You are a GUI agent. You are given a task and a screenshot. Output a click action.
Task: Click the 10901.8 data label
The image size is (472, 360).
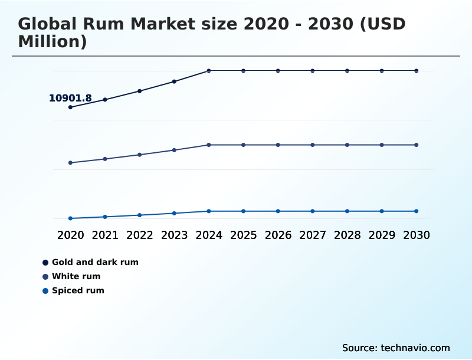70,98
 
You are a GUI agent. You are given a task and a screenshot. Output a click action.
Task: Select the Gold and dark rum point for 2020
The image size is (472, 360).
70,107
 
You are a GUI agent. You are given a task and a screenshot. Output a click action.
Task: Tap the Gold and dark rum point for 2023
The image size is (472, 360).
174,81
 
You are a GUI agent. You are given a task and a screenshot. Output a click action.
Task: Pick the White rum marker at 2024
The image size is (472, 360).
209,145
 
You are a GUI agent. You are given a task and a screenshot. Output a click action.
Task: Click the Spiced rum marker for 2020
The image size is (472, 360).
70,218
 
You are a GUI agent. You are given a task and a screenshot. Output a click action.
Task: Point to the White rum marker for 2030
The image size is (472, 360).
417,145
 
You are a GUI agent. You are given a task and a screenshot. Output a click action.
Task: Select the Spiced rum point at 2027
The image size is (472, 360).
313,211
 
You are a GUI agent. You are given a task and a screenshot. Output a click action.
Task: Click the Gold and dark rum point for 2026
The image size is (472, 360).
278,71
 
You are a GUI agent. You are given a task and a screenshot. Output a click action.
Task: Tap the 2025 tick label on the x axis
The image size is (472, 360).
243,235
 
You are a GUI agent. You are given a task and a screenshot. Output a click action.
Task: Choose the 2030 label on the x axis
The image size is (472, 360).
417,235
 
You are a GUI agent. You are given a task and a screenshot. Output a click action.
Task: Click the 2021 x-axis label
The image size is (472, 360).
105,235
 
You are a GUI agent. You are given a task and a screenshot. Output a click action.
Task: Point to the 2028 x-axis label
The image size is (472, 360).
347,235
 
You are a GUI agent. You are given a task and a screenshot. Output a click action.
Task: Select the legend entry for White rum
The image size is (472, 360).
76,276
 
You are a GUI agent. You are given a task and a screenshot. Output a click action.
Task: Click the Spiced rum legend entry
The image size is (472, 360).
78,290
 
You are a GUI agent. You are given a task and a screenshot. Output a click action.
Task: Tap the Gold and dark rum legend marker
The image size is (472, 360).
45,262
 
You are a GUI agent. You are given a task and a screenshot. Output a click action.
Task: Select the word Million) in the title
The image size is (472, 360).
53,41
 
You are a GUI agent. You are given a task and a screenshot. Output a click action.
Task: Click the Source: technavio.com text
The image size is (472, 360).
396,348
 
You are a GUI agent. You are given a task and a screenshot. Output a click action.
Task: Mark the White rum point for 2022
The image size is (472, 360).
140,155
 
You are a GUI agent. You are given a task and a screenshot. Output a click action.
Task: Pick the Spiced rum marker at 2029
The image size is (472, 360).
382,211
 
